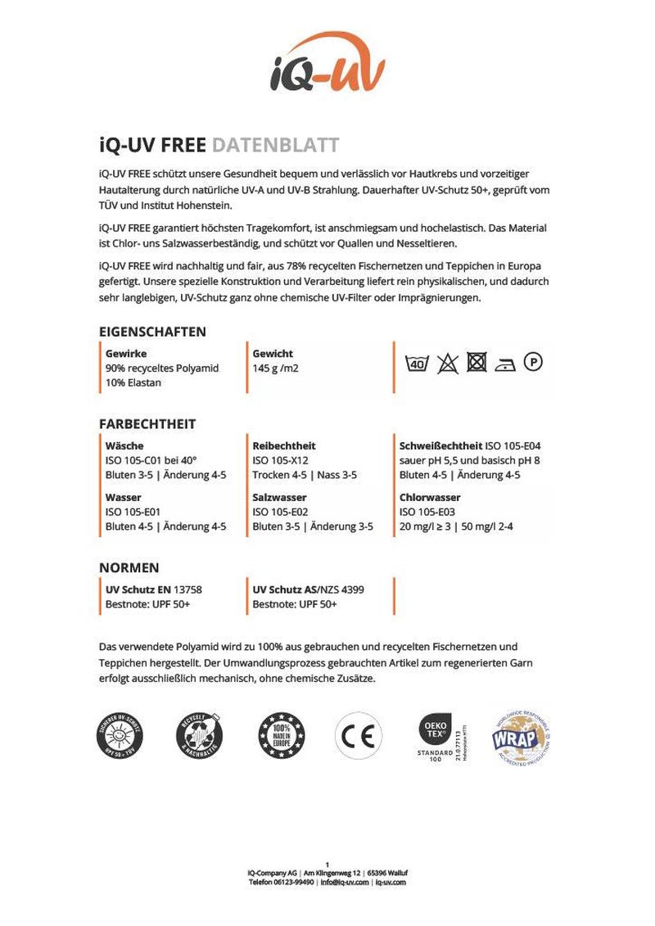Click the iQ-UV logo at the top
tap(327, 64)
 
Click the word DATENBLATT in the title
tap(275, 146)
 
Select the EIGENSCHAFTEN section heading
tap(152, 332)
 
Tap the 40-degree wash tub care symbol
tap(417, 363)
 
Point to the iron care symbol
tap(505, 363)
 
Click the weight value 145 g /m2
tap(276, 368)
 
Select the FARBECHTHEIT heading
tap(147, 424)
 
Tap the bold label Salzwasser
tap(280, 498)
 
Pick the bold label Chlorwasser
tap(430, 498)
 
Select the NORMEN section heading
tap(129, 567)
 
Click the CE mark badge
tap(358, 734)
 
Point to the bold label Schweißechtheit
tap(440, 446)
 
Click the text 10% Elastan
tap(133, 383)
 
